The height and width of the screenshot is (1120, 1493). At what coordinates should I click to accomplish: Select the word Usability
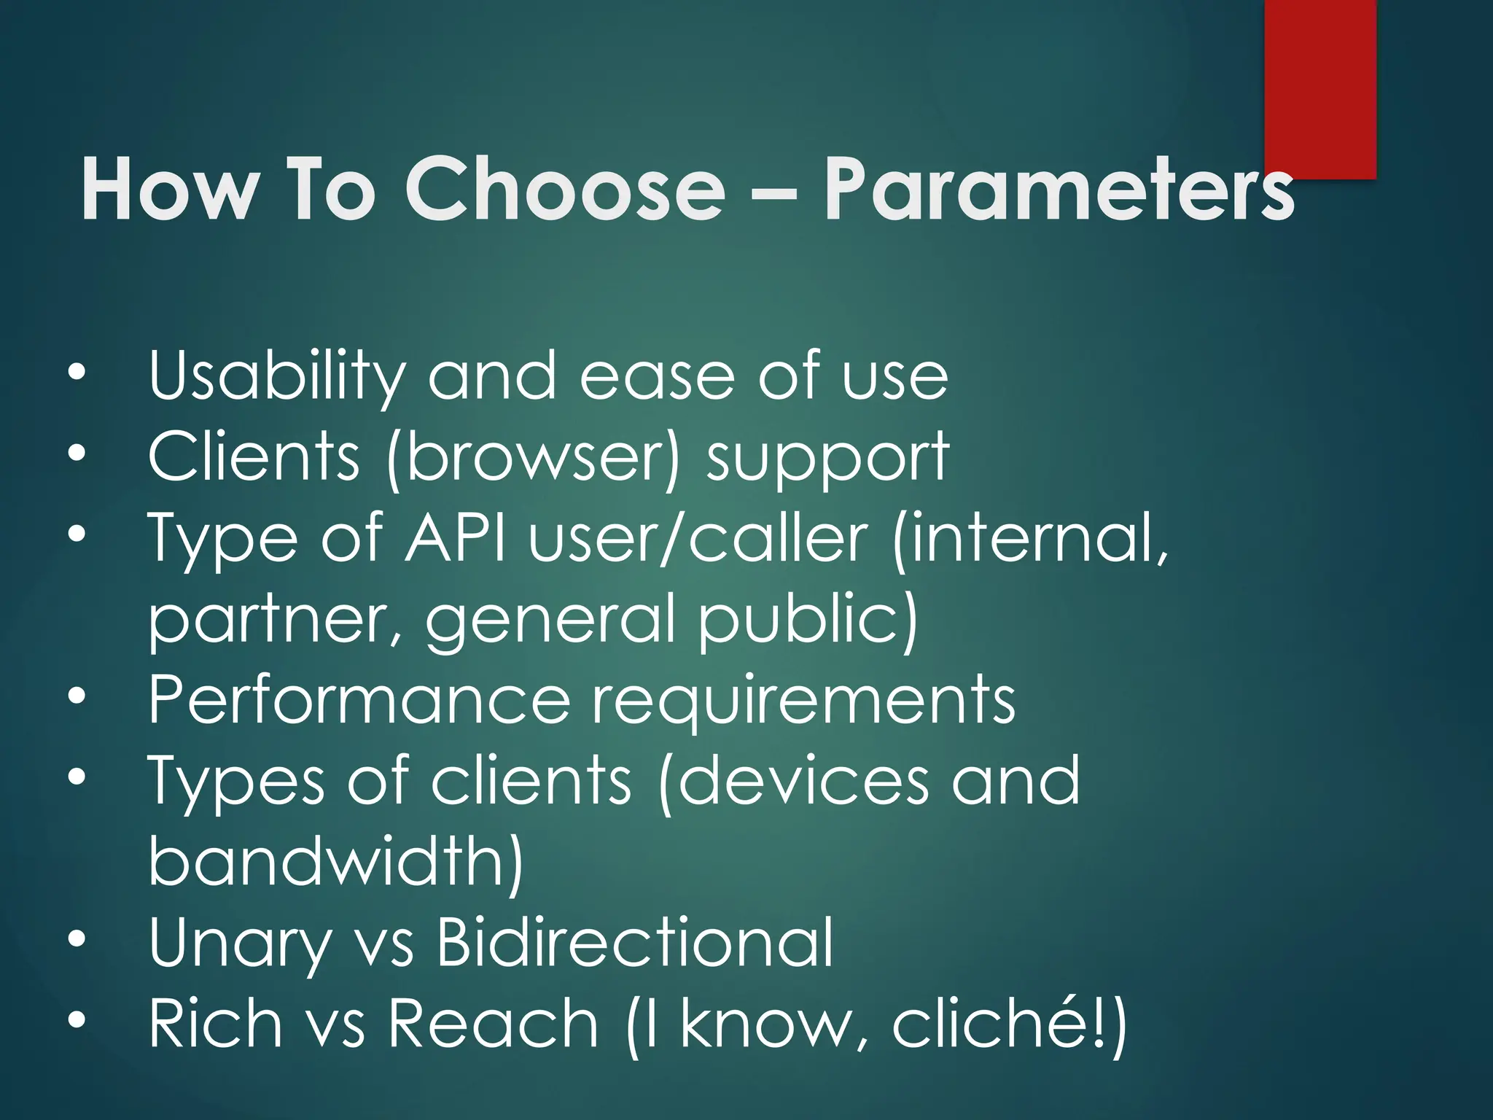point(276,377)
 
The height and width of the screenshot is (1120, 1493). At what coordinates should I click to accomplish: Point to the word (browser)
point(533,458)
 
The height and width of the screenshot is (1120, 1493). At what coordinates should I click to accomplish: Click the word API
point(456,538)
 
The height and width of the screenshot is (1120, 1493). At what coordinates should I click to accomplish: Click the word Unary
point(240,944)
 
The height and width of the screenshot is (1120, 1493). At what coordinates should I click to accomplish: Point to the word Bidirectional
point(634,942)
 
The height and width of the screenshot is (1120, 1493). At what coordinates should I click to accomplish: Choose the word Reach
point(493,1024)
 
